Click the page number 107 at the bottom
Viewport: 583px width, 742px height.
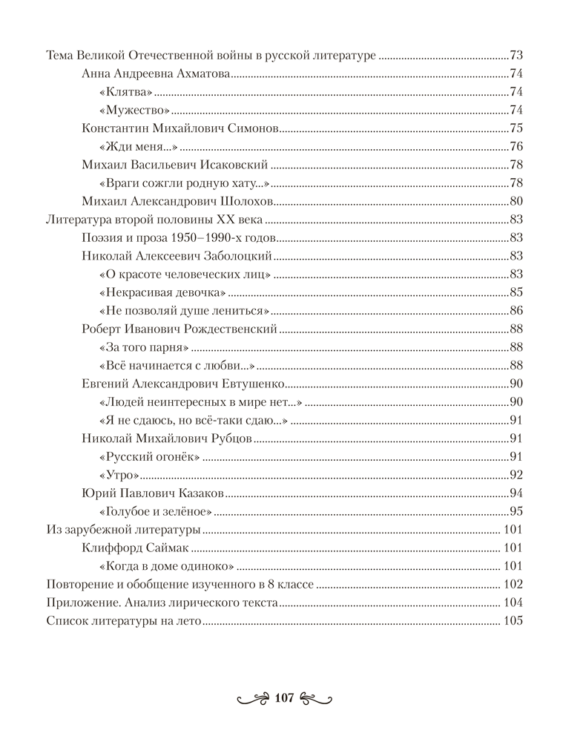click(x=285, y=697)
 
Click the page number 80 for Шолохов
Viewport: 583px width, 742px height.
click(x=517, y=201)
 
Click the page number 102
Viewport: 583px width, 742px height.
click(x=513, y=585)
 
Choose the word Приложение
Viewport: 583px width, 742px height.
click(x=81, y=603)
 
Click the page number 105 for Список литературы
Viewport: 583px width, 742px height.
click(x=513, y=622)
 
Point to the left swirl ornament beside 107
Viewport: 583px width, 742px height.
click(x=253, y=698)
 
